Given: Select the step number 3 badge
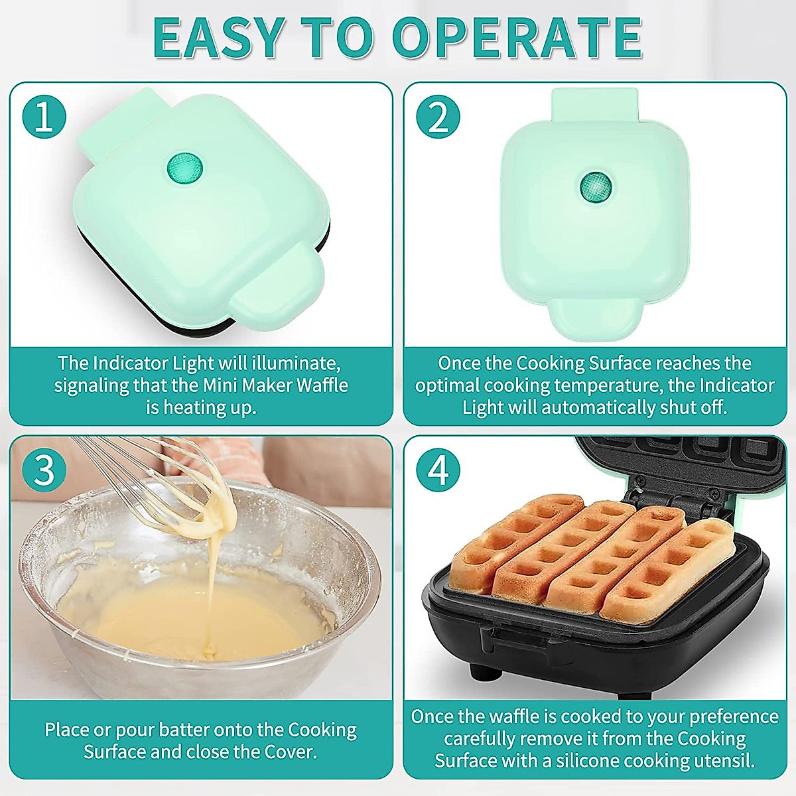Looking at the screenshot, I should coord(44,470).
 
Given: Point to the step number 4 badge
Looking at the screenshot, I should coord(438,470).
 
